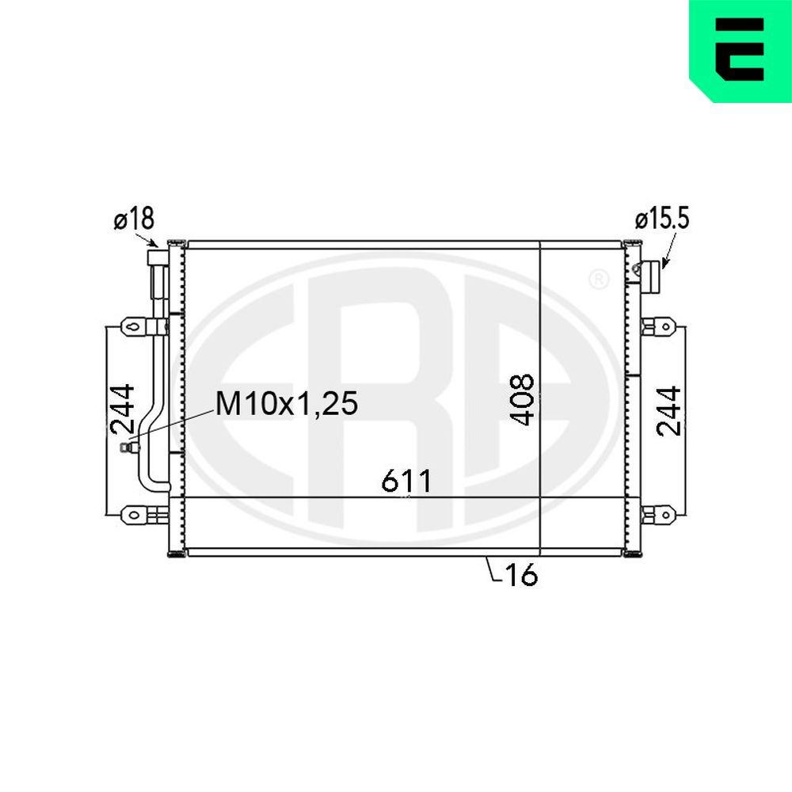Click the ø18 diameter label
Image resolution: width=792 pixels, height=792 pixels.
coord(134,219)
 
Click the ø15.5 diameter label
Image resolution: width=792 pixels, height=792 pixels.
coord(662,219)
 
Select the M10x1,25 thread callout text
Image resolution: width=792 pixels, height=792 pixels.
coord(287,403)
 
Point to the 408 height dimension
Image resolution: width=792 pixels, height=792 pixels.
coord(522,400)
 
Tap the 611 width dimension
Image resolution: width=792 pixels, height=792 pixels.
coord(406,481)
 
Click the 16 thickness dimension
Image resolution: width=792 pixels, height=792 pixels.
coord(522,574)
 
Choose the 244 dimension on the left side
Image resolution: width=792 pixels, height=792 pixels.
coord(122,409)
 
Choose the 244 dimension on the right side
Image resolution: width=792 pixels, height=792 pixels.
coord(668,410)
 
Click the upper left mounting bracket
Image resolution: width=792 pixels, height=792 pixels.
coord(135,326)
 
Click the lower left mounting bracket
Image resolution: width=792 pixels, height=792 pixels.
coord(135,515)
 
